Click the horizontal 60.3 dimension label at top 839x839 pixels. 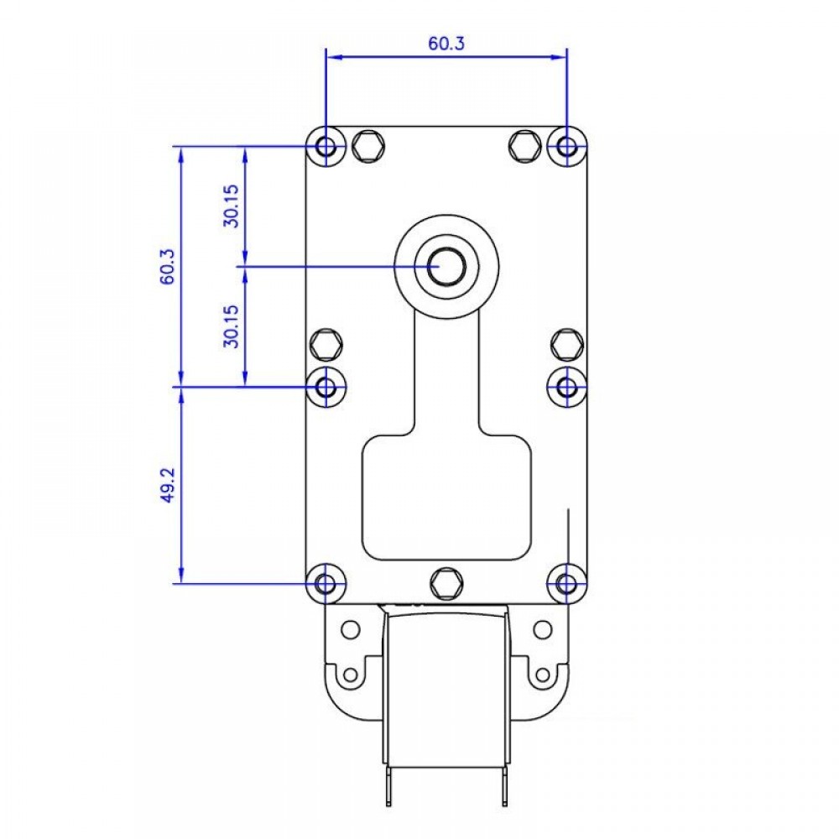pyautogui.click(x=446, y=44)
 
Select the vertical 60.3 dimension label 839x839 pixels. pyautogui.click(x=168, y=267)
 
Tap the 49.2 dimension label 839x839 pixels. pyautogui.click(x=168, y=485)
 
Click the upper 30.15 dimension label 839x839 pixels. pyautogui.click(x=232, y=206)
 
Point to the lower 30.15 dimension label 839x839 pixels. pyautogui.click(x=232, y=326)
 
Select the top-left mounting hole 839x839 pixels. pyautogui.click(x=326, y=145)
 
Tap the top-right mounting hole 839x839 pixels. pyautogui.click(x=566, y=145)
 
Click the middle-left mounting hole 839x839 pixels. pyautogui.click(x=326, y=386)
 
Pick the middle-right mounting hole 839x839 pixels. pyautogui.click(x=566, y=386)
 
